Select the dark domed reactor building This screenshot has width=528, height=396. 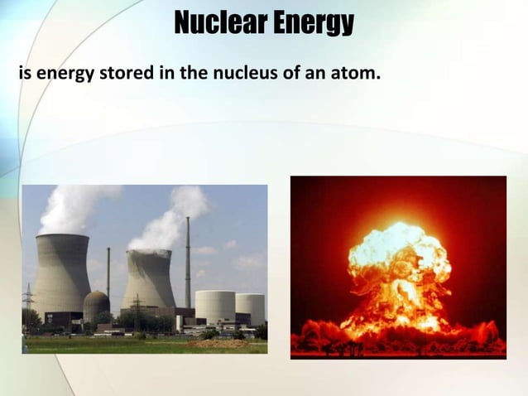(x=96, y=305)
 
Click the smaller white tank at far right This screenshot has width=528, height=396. (x=250, y=308)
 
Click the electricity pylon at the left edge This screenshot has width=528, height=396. (x=28, y=302)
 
